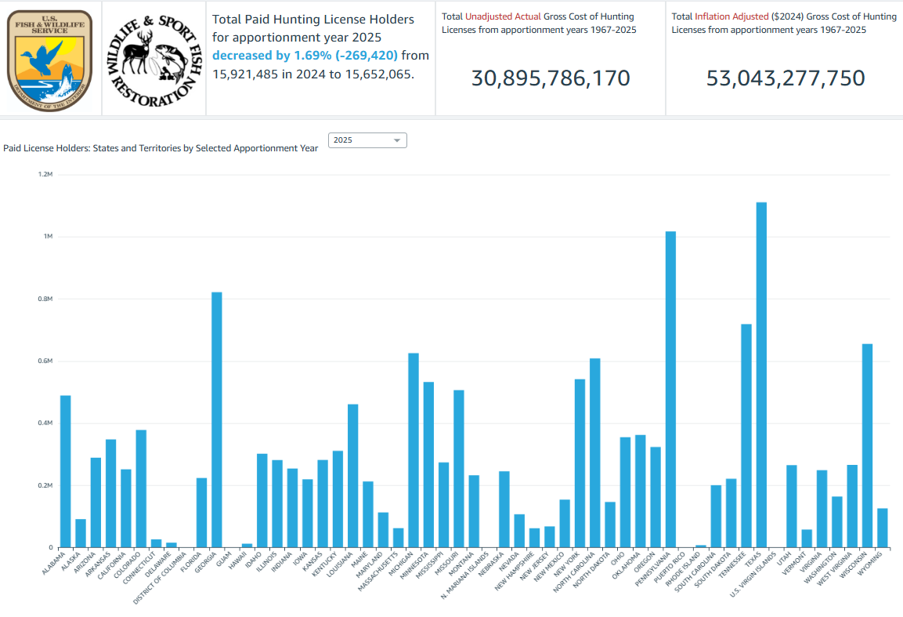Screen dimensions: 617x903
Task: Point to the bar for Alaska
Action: pos(81,533)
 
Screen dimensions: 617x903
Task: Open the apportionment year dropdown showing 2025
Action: pos(367,140)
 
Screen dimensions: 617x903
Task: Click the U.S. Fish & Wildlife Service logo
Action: pos(49,57)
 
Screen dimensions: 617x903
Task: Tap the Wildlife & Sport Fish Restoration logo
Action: pos(154,57)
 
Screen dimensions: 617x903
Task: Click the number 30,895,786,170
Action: pos(551,78)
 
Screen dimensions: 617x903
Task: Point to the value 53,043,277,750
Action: pos(786,78)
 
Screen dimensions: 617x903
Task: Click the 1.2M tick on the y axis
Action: pos(45,174)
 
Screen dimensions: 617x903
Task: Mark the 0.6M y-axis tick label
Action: pos(45,361)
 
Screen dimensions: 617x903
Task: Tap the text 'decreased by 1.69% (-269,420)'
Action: pos(305,56)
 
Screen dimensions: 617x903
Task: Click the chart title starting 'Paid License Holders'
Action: pos(161,147)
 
